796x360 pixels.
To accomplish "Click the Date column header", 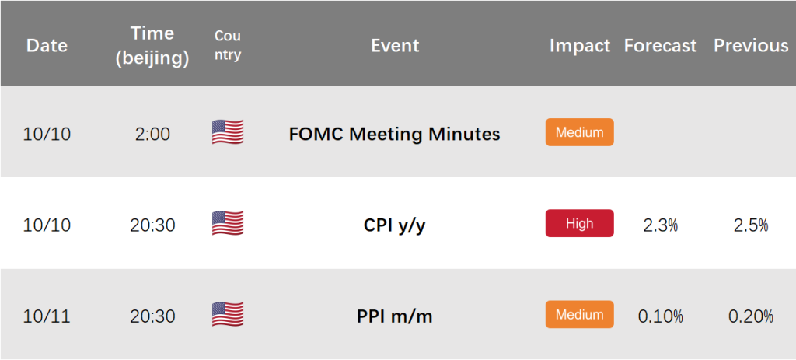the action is pos(47,46).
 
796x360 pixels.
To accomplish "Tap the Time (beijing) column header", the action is pos(152,46).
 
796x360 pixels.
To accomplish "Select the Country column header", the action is pos(228,45).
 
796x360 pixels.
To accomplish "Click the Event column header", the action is pos(395,46).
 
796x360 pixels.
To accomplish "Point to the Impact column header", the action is pos(580,46).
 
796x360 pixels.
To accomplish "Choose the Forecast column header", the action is pos(660,46).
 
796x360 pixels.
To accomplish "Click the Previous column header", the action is pos(752,46).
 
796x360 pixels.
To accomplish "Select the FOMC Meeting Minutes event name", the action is pos(394,134).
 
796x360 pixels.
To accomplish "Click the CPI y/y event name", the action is pos(394,225).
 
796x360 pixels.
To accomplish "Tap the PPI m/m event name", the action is pos(394,316).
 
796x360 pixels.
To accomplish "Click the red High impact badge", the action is pos(579,223).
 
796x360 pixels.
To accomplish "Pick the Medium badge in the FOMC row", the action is pos(579,132).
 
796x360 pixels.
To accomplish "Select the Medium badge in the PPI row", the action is pos(579,314).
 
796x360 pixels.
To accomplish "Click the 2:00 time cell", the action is pos(152,135).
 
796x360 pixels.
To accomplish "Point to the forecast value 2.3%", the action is pos(660,225).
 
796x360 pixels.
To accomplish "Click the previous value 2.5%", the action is pos(751,225).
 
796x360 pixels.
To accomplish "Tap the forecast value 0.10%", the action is pos(660,316).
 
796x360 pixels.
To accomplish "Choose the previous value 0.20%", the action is pos(751,316).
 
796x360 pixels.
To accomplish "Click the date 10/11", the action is pos(47,316).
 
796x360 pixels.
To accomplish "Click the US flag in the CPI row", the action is pos(228,223).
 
